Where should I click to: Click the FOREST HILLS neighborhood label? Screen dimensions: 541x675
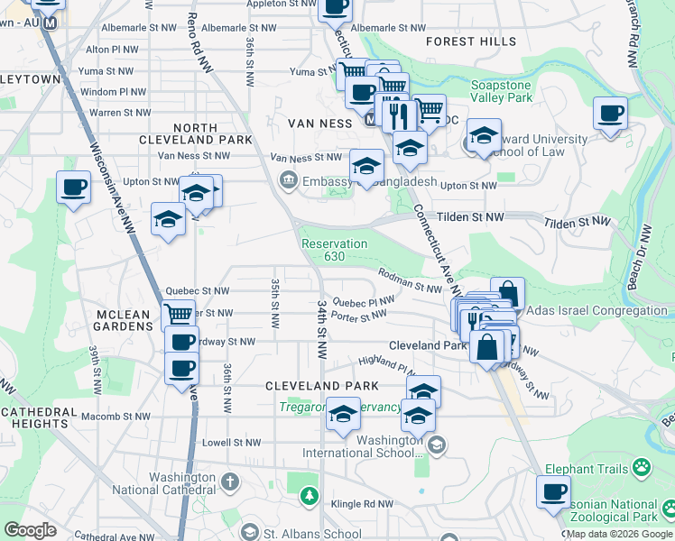pos(471,41)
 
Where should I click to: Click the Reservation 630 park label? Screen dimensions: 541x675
pos(334,250)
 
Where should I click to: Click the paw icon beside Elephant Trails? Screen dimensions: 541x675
pos(642,467)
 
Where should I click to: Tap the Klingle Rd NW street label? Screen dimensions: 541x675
pos(361,504)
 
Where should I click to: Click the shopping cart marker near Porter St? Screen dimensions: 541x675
pos(179,315)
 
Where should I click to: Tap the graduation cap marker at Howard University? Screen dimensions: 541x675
pos(484,135)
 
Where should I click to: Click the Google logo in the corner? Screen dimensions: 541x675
pos(30,530)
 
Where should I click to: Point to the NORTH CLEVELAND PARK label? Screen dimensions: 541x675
pos(190,134)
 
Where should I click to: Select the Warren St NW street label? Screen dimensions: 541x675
pos(118,113)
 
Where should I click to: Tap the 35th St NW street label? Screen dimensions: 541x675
pos(274,303)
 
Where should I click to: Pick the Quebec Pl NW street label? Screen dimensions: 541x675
pos(364,301)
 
